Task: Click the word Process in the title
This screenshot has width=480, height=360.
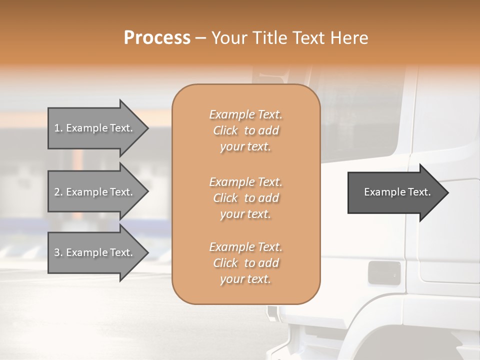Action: (x=157, y=38)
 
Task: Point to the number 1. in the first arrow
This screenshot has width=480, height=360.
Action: (x=58, y=128)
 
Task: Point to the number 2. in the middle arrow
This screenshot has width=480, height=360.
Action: (x=58, y=192)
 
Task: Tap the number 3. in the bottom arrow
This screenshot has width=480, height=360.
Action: (x=58, y=252)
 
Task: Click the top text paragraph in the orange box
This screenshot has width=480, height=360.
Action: (x=246, y=130)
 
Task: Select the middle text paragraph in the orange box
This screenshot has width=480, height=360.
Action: (x=246, y=198)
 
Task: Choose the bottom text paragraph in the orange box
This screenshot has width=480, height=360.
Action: (x=246, y=263)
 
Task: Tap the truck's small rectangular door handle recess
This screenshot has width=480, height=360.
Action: (x=384, y=271)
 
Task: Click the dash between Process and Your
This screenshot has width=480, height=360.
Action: (x=200, y=38)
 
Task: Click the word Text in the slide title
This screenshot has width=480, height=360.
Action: (x=310, y=38)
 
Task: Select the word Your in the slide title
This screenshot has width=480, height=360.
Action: (x=229, y=38)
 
